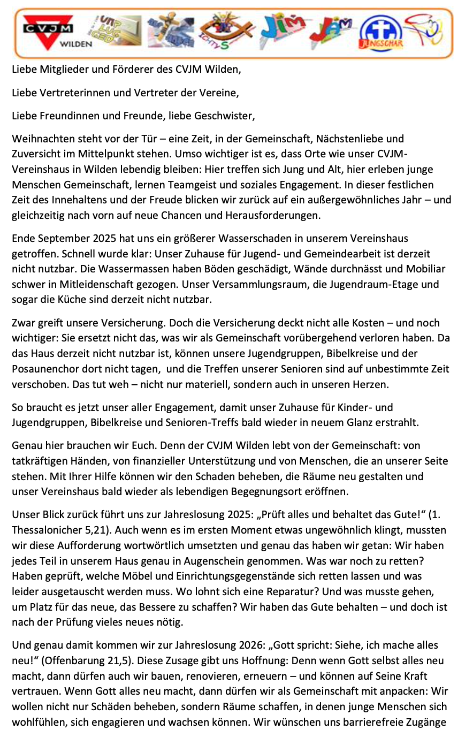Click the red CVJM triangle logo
pyautogui.click(x=48, y=31)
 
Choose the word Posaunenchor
pyautogui.click(x=47, y=369)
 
